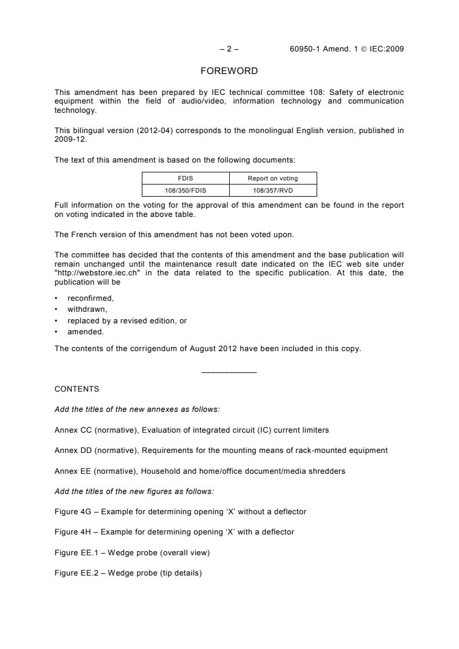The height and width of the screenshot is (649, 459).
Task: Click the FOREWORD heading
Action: click(x=229, y=71)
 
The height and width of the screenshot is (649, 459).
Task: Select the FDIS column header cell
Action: click(x=185, y=178)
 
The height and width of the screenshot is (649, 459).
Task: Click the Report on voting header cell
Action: click(x=273, y=178)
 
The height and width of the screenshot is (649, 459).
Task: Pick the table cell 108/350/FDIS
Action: click(x=185, y=190)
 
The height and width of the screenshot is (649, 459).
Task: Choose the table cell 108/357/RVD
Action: click(x=273, y=190)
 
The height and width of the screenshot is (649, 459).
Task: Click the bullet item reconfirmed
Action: click(x=90, y=298)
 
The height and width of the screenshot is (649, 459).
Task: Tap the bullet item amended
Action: click(x=85, y=331)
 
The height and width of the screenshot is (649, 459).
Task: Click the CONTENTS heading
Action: click(x=76, y=389)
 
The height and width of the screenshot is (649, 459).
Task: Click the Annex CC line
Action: click(x=191, y=430)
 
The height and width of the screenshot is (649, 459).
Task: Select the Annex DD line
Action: click(x=221, y=450)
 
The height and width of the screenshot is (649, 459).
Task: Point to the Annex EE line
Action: click(x=199, y=471)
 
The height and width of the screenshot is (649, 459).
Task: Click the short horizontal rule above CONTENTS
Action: click(x=229, y=372)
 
